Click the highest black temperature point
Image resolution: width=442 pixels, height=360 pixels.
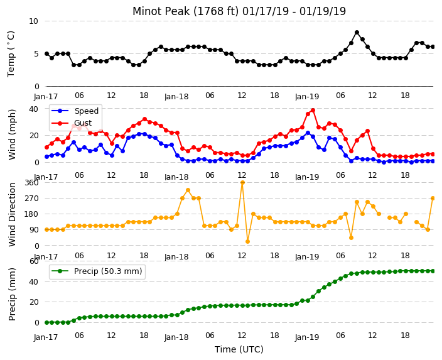[357, 33]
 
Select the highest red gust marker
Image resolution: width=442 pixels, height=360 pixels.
[313, 111]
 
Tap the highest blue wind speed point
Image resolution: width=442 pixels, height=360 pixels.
[308, 133]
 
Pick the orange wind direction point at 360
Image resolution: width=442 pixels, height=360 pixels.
[242, 183]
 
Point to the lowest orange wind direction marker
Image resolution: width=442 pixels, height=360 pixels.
[248, 241]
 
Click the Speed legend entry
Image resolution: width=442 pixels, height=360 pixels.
[75, 111]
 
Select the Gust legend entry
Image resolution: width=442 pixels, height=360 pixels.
[72, 123]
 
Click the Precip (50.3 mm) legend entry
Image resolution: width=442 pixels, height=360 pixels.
[97, 271]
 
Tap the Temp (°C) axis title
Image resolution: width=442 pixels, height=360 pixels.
[11, 53]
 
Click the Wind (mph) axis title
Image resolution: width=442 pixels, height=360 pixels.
[12, 134]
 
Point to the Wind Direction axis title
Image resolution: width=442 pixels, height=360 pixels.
[12, 214]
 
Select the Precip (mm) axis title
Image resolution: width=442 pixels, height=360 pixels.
[12, 294]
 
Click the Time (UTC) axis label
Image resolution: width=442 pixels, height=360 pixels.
[239, 349]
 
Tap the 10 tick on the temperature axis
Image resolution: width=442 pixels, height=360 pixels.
[33, 21]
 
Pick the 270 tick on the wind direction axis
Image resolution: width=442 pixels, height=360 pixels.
[31, 199]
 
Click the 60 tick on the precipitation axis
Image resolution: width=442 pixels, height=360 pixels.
[34, 261]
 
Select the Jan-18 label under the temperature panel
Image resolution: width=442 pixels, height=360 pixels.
[176, 97]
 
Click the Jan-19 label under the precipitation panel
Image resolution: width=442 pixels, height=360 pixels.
[307, 337]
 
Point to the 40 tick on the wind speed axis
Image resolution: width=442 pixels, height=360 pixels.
[33, 109]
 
